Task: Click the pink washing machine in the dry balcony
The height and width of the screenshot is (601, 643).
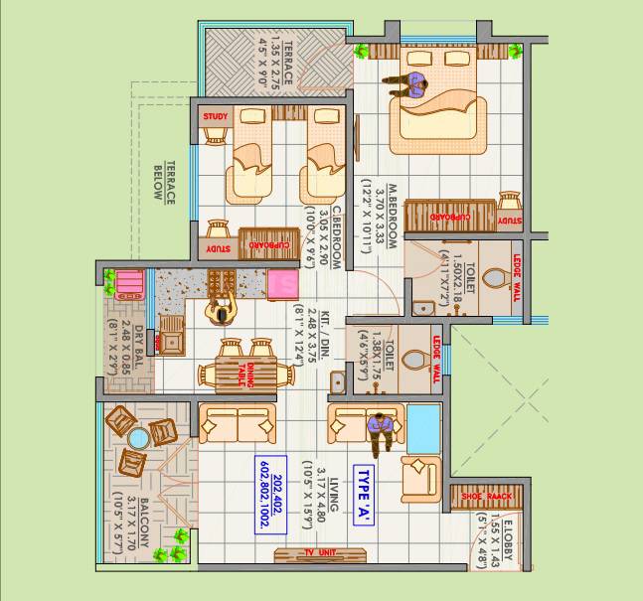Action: (x=128, y=286)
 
